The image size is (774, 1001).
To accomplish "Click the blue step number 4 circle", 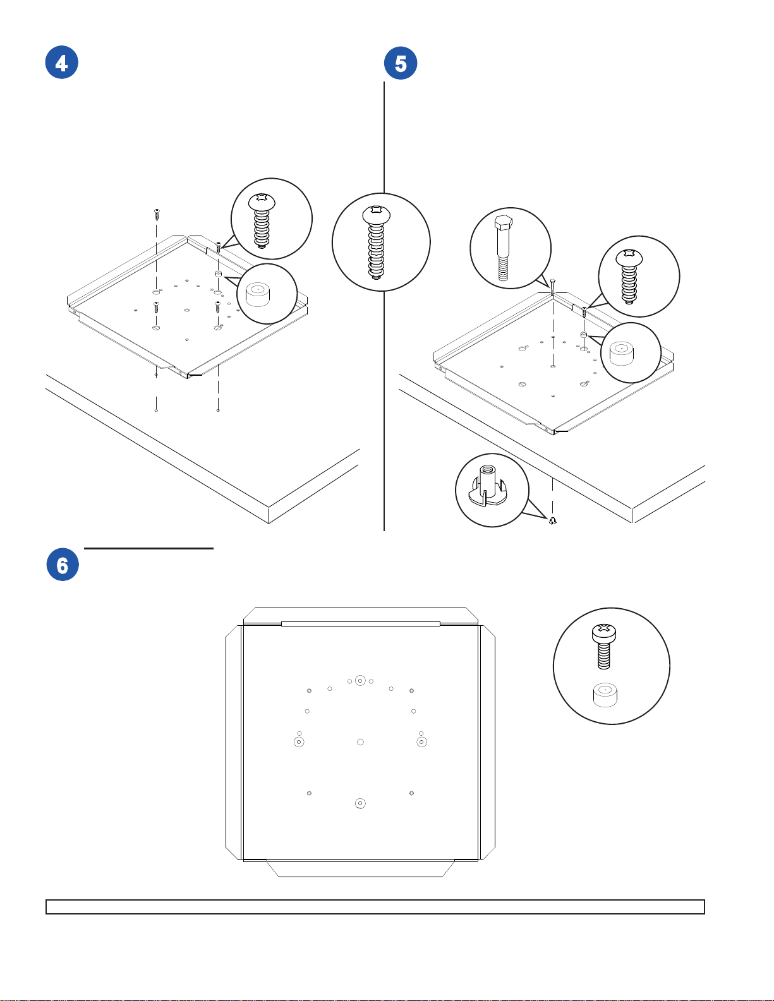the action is pyautogui.click(x=62, y=62).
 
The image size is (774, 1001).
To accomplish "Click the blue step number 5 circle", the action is pyautogui.click(x=401, y=63).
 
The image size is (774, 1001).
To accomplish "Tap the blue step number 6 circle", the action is pyautogui.click(x=63, y=565).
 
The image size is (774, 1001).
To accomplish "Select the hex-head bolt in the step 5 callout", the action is pyautogui.click(x=503, y=248).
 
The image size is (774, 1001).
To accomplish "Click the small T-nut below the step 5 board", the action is pyautogui.click(x=553, y=520).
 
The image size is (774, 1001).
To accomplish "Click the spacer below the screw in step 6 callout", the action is pyautogui.click(x=605, y=695).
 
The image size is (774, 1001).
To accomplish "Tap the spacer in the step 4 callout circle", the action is pyautogui.click(x=258, y=295).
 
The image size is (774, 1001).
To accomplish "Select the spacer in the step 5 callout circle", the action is pyautogui.click(x=622, y=353).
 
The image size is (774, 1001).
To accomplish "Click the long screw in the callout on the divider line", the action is pyautogui.click(x=377, y=243).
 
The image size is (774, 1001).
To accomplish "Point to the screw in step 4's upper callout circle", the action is pyautogui.click(x=262, y=220).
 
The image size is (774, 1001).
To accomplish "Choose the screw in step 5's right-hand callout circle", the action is pyautogui.click(x=629, y=277).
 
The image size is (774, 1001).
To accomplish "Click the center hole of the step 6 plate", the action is pyautogui.click(x=360, y=741).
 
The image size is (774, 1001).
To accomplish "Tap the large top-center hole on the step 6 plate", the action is pyautogui.click(x=360, y=680).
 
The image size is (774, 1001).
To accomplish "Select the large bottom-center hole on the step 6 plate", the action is pyautogui.click(x=360, y=803).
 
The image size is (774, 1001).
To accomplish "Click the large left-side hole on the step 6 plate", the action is pyautogui.click(x=299, y=742).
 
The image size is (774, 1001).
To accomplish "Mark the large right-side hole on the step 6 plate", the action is pyautogui.click(x=421, y=742).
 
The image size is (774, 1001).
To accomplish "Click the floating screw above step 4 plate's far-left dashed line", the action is pyautogui.click(x=157, y=214).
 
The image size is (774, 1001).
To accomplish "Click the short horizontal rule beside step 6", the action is pyautogui.click(x=149, y=548).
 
